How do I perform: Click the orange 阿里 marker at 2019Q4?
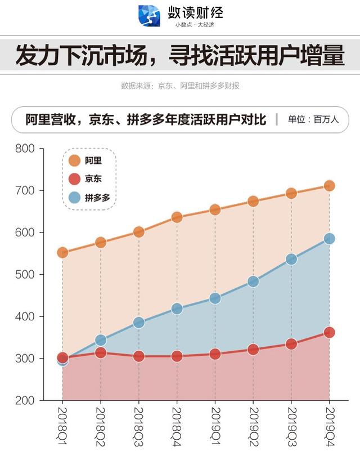pyautogui.click(x=329, y=186)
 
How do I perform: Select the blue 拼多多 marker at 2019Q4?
pyautogui.click(x=329, y=239)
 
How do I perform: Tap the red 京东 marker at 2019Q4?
pyautogui.click(x=329, y=333)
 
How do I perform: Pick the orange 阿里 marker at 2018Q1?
pyautogui.click(x=62, y=253)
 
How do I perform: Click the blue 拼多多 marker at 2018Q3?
pyautogui.click(x=138, y=323)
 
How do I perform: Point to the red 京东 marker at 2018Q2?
pyautogui.click(x=101, y=353)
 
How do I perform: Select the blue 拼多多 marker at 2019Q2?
pyautogui.click(x=253, y=281)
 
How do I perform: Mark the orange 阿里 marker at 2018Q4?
pyautogui.click(x=177, y=217)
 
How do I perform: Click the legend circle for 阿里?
pyautogui.click(x=74, y=161)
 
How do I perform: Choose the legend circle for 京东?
pyautogui.click(x=74, y=179)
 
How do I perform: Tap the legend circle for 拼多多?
pyautogui.click(x=74, y=198)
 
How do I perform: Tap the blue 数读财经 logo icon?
pyautogui.click(x=149, y=16)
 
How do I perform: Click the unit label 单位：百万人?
pyautogui.click(x=313, y=119)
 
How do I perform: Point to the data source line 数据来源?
pyautogui.click(x=180, y=86)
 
